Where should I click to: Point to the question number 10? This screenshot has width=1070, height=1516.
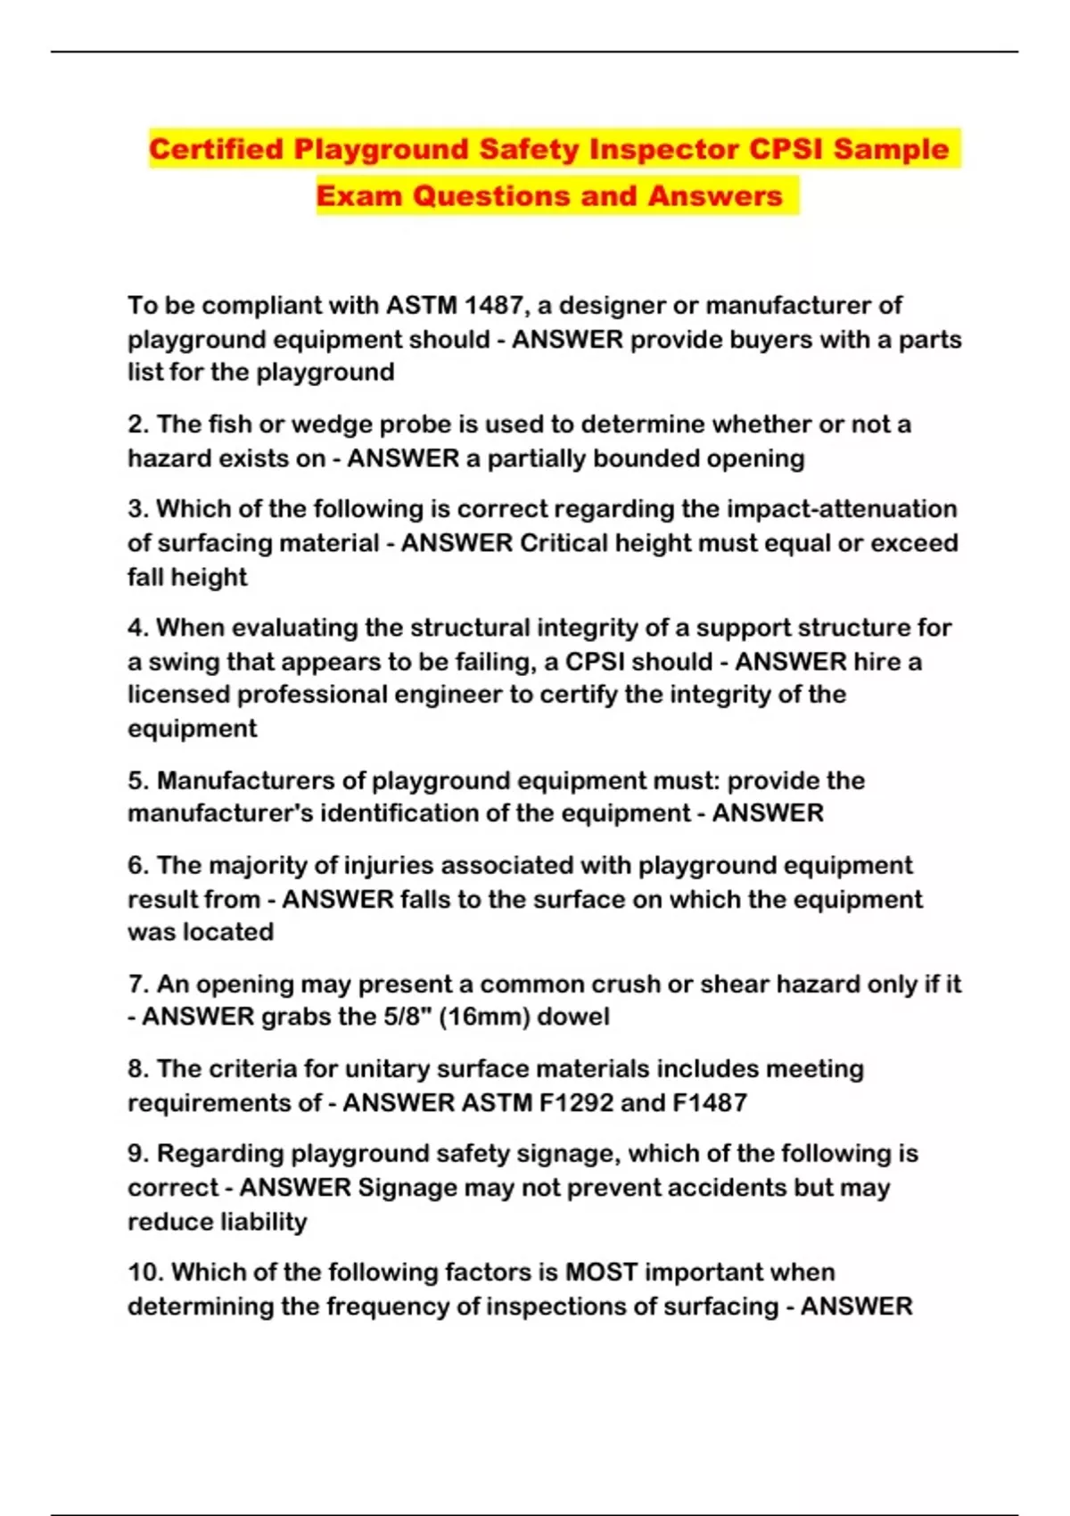pos(145,1273)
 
